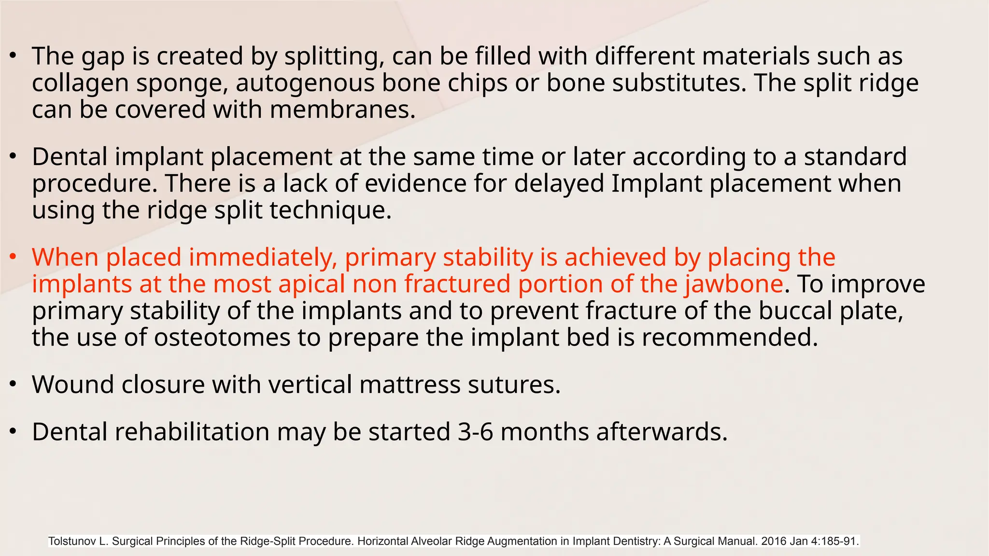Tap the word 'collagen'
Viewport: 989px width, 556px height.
80,83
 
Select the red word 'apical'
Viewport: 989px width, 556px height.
311,285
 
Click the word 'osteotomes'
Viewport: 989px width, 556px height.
222,337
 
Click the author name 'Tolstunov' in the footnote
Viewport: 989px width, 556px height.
72,542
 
